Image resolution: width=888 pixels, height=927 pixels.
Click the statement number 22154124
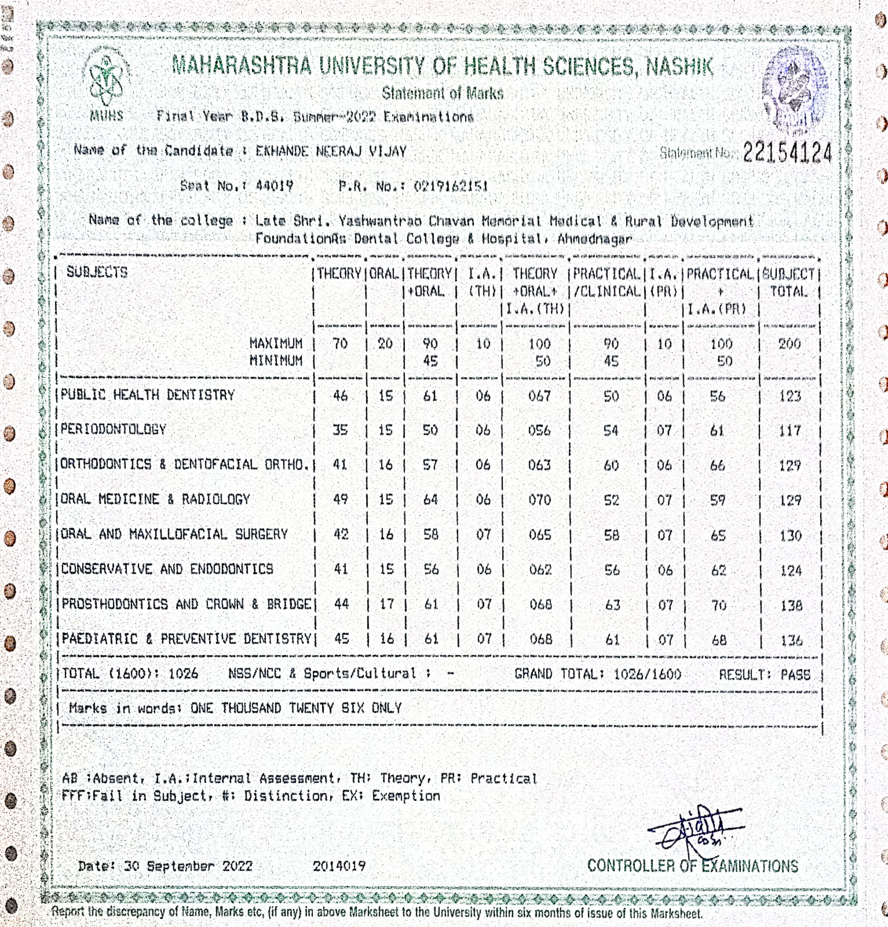point(787,152)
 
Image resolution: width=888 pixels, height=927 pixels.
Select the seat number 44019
point(274,186)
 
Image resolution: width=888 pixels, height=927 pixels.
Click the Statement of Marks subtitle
point(443,93)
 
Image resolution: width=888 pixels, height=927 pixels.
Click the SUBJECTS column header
point(97,272)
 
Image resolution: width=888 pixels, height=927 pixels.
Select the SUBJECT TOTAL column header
point(789,282)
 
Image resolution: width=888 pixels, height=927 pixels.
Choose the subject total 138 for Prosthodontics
point(791,606)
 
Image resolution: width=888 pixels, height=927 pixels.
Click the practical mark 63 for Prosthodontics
point(612,605)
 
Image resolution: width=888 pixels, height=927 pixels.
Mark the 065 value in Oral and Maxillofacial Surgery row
point(540,535)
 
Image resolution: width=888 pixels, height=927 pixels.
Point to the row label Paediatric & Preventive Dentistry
point(186,640)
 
